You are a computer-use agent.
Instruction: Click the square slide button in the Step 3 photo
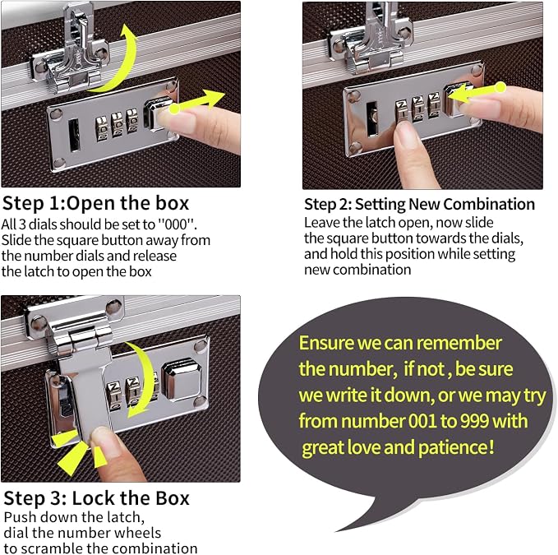click(x=182, y=382)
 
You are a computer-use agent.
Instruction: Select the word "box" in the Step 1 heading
click(x=173, y=203)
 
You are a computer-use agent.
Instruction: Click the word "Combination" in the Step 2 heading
click(x=489, y=205)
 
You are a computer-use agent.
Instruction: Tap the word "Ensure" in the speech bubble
click(x=326, y=343)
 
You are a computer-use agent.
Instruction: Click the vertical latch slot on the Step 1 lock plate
click(x=75, y=136)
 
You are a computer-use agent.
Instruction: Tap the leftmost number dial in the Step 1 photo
click(x=102, y=128)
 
